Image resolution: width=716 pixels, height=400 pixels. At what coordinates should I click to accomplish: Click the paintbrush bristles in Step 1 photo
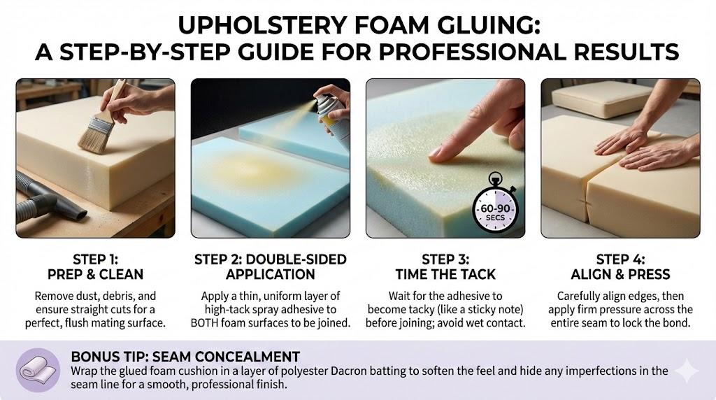tap(93, 137)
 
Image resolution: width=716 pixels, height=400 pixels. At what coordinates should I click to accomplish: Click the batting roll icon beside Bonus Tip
tap(38, 370)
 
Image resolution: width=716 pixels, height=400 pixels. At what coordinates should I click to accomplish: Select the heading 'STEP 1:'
tap(95, 259)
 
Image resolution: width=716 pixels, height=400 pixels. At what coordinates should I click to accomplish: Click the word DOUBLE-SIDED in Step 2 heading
tap(296, 259)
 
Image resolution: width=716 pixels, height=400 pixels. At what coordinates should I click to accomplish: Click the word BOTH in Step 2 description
tap(204, 323)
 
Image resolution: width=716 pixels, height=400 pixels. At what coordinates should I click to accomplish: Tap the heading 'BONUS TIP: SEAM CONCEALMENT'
tap(185, 356)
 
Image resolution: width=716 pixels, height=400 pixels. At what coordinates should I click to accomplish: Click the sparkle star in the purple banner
tap(687, 371)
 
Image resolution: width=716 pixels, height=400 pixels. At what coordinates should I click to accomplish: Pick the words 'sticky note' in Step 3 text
tap(492, 310)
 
